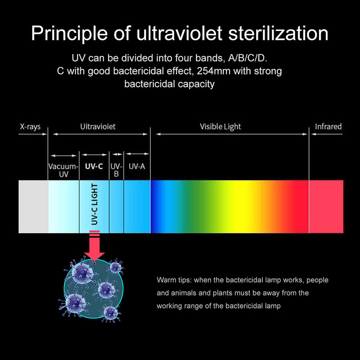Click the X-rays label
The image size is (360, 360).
pyautogui.click(x=30, y=126)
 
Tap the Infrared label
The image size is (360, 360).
pyautogui.click(x=328, y=126)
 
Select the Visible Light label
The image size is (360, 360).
pyautogui.click(x=220, y=126)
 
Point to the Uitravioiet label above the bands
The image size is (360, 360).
pyautogui.click(x=98, y=126)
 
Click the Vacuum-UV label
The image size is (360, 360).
pyautogui.click(x=63, y=171)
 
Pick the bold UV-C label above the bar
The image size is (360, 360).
pyautogui.click(x=94, y=166)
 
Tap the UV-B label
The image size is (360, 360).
pyautogui.click(x=116, y=171)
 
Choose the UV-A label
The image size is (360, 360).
pyautogui.click(x=137, y=166)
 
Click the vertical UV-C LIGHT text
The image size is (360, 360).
pyautogui.click(x=94, y=205)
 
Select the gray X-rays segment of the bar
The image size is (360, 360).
pyautogui.click(x=33, y=207)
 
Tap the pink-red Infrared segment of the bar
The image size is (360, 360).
pyautogui.click(x=326, y=207)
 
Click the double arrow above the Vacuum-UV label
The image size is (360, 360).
pyautogui.click(x=63, y=155)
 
